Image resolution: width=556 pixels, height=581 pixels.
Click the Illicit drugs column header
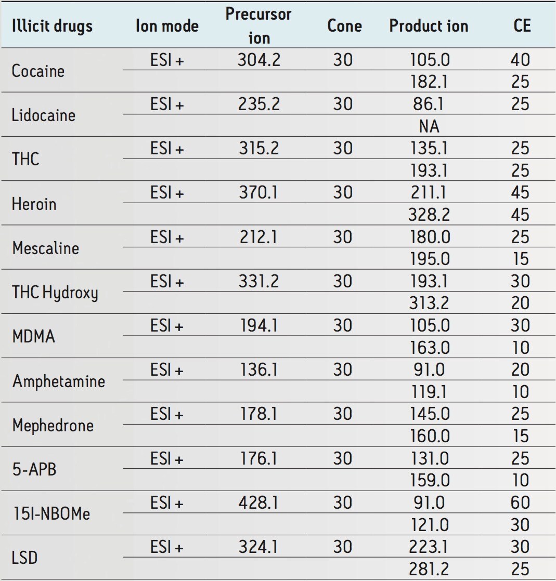tap(52, 26)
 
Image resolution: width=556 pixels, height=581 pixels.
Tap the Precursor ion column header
tap(258, 25)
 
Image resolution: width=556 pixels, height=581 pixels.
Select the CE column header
tap(521, 26)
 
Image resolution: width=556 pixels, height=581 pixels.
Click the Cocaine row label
tap(38, 71)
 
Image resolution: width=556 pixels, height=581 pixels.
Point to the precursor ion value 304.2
tap(258, 60)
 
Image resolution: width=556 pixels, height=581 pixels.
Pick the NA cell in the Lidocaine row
tap(429, 126)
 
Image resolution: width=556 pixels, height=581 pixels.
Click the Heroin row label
tap(34, 204)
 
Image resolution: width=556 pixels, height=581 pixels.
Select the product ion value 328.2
tap(429, 215)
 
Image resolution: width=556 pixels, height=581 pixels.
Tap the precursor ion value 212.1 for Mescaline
tap(258, 237)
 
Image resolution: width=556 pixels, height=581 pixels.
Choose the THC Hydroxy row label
tap(55, 293)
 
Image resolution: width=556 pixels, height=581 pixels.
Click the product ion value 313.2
tap(429, 303)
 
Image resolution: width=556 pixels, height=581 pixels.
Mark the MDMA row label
tap(33, 336)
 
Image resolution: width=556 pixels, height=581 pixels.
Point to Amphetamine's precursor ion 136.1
tap(258, 370)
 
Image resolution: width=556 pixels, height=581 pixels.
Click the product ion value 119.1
tap(429, 392)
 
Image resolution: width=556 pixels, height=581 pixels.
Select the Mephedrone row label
tap(53, 426)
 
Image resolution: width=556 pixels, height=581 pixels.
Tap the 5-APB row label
tap(34, 469)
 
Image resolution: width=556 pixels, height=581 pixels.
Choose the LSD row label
tap(25, 558)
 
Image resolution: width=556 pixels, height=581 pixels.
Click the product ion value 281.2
tap(429, 569)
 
